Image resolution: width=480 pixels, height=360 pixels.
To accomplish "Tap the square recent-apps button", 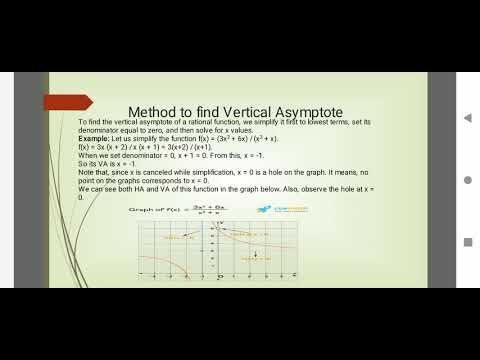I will pos(467,241).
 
